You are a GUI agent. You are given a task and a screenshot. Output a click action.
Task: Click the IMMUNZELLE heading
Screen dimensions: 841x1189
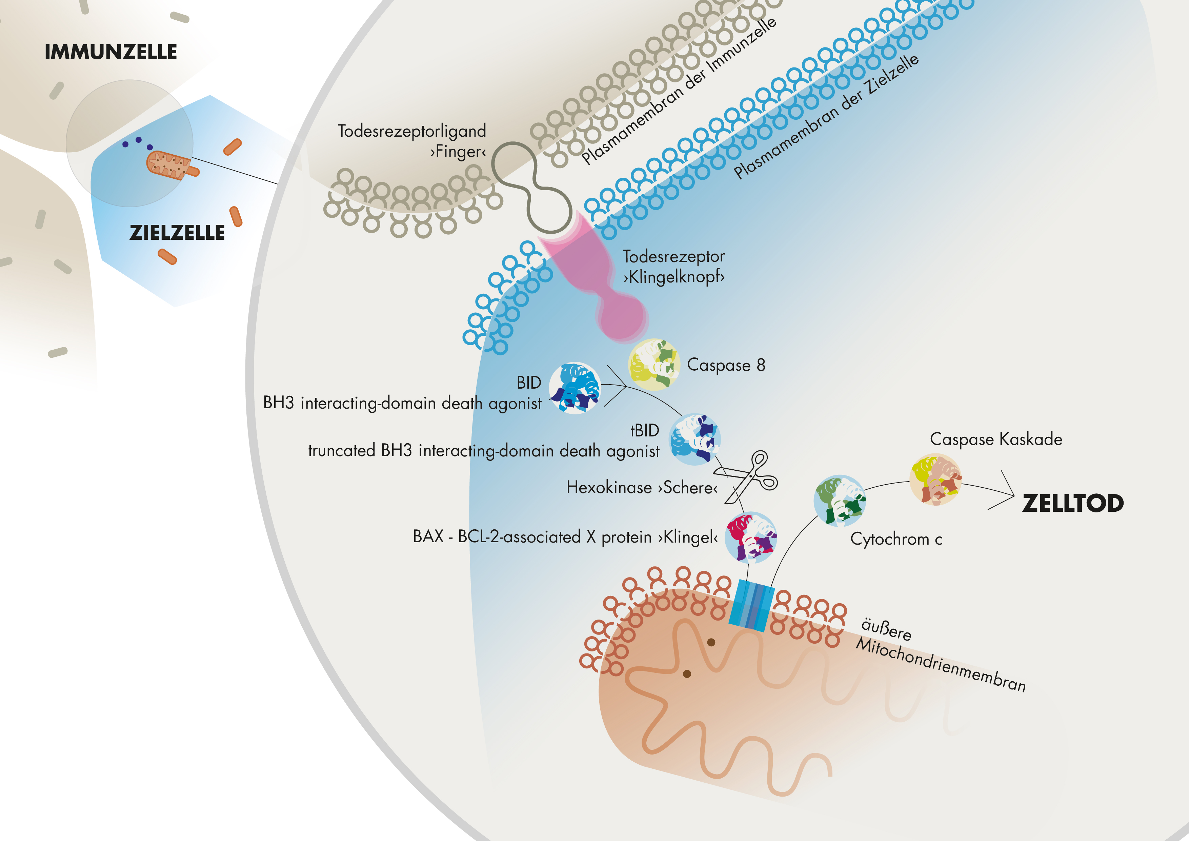[x=111, y=52]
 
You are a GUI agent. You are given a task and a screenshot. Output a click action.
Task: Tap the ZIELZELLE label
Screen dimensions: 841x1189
[x=177, y=233]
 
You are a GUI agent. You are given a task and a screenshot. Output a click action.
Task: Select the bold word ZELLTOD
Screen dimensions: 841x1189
[x=1072, y=503]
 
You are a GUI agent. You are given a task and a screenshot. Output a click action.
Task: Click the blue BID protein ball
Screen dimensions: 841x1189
[x=575, y=388]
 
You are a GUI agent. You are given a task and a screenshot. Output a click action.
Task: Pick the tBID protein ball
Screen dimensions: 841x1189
[x=695, y=439]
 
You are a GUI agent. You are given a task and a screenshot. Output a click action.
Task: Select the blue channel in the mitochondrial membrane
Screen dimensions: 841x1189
[x=751, y=605]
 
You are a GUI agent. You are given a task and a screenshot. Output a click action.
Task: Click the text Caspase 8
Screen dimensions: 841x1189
[x=726, y=365]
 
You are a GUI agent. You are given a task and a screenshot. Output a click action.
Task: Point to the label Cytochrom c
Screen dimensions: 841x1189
[x=896, y=539]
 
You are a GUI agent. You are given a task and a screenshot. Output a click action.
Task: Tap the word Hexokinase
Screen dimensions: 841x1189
[x=609, y=488]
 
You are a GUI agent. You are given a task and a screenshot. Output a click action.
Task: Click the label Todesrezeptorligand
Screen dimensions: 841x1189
[x=412, y=131]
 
